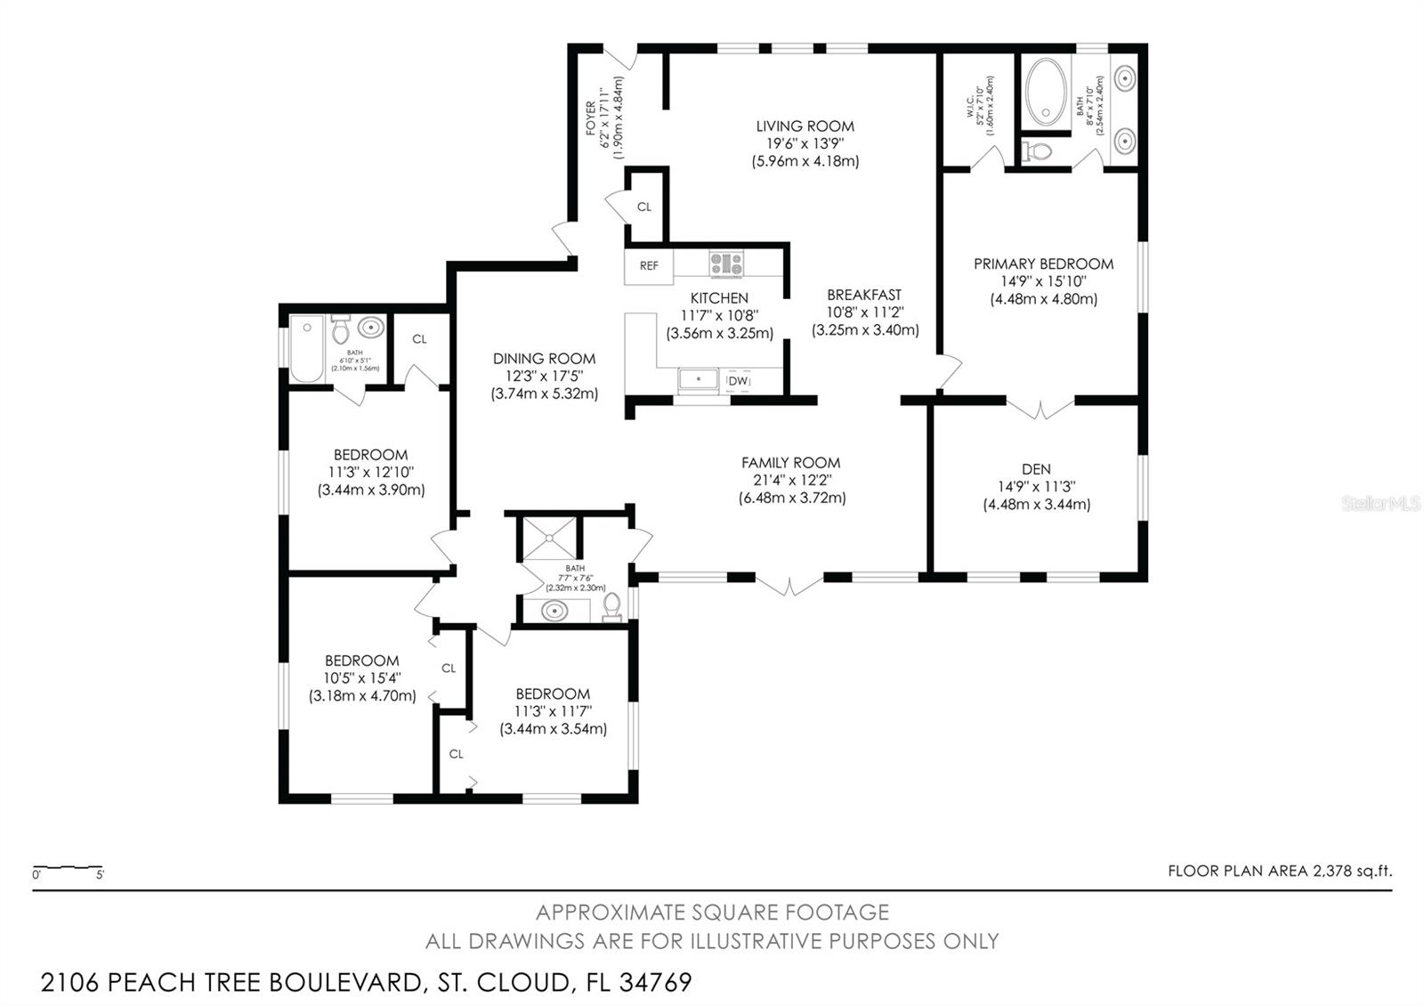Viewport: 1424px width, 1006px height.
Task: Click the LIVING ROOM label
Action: click(805, 126)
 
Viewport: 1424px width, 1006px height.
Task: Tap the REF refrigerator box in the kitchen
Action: click(649, 265)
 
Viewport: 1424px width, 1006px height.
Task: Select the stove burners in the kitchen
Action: click(726, 264)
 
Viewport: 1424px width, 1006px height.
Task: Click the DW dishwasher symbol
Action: click(738, 381)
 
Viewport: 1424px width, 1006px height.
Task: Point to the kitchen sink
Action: click(700, 380)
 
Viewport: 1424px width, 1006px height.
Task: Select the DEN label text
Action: click(1036, 469)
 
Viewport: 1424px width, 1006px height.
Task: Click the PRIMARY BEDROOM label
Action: click(1043, 264)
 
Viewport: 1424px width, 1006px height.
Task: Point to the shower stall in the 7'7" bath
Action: click(548, 537)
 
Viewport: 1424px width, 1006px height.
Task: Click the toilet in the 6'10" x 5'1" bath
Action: click(340, 331)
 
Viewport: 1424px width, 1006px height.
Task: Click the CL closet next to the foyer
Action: click(644, 207)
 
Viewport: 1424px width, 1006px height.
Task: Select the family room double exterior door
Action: click(789, 585)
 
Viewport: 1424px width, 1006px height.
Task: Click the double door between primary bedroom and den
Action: click(1040, 409)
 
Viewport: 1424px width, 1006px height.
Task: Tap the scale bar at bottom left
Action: click(68, 869)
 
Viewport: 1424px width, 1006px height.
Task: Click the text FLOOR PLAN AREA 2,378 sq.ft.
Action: click(1279, 871)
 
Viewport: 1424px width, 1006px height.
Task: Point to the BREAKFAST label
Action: click(863, 295)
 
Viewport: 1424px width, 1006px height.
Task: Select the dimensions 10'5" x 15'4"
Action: click(361, 678)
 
